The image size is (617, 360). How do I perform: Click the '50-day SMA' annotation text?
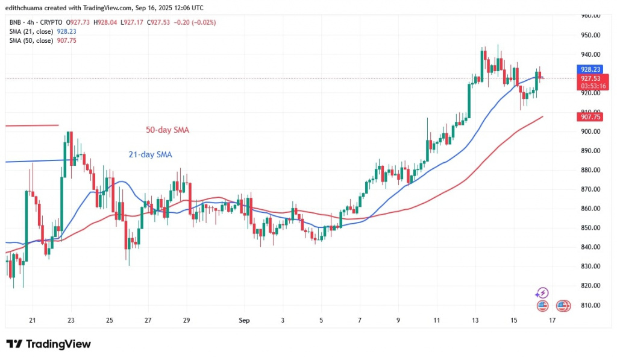tap(168, 130)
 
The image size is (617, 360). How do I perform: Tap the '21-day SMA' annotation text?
tap(150, 155)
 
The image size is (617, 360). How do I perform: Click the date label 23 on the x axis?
tap(70, 320)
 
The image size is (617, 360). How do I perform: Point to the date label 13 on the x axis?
tap(475, 320)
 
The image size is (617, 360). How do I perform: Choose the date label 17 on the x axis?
tap(552, 320)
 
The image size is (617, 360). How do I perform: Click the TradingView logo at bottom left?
tap(49, 344)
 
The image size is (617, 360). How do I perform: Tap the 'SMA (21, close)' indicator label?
tap(33, 31)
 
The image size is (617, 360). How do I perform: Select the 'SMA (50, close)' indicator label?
tap(33, 40)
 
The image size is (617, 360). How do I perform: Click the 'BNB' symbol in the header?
tap(16, 22)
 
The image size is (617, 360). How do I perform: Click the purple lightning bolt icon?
tap(542, 293)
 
